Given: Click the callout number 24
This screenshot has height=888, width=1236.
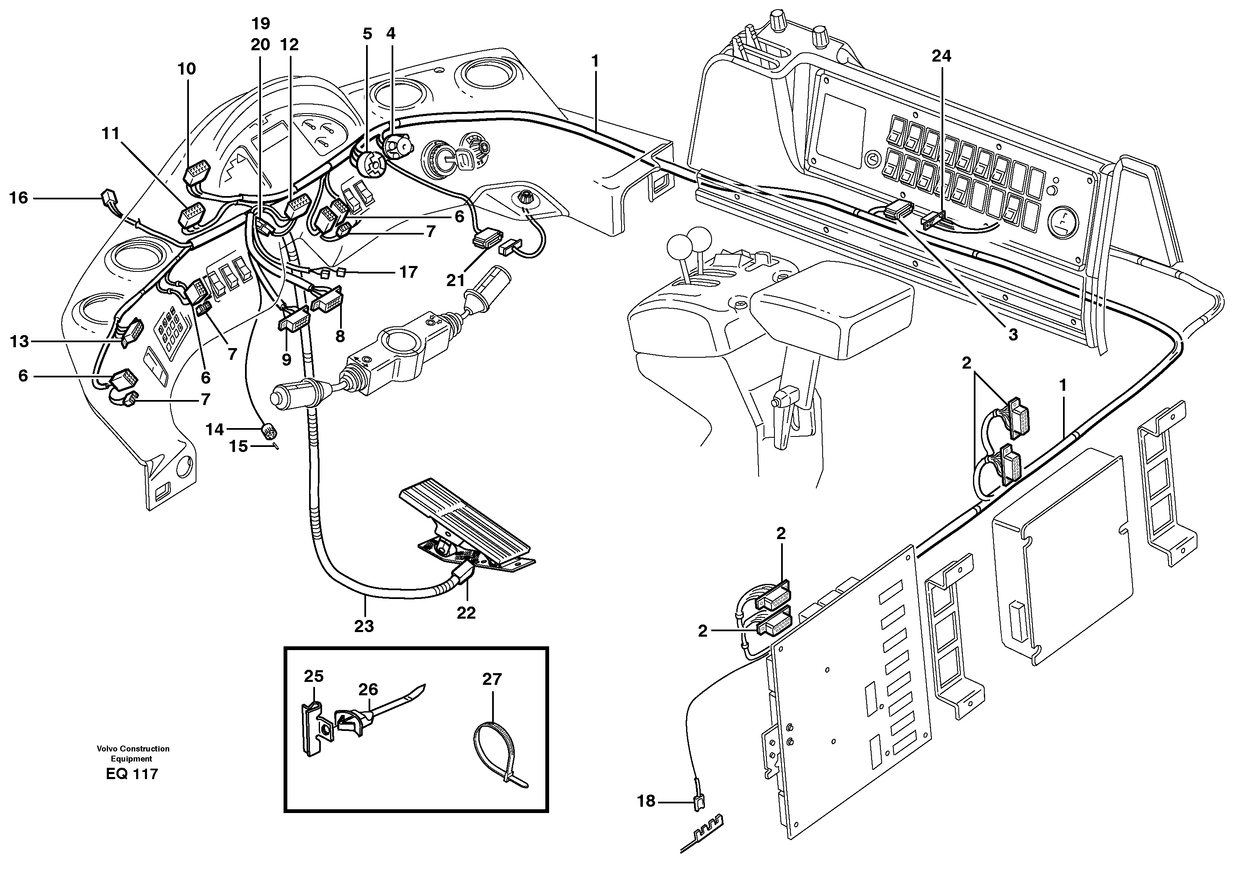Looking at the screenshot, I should [x=941, y=56].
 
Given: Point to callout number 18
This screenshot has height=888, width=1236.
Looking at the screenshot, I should [x=646, y=801].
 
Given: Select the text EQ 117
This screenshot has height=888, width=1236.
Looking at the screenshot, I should [x=132, y=774].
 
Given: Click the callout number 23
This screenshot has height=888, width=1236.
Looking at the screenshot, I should [x=364, y=626].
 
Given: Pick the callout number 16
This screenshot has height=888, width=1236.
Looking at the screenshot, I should [x=18, y=198].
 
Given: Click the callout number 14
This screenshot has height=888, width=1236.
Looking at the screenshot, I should [x=215, y=430].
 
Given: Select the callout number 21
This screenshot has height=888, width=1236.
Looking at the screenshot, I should [x=456, y=280].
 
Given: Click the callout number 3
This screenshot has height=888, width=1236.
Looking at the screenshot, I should [x=1013, y=335].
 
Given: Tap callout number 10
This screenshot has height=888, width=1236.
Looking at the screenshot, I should [x=186, y=69].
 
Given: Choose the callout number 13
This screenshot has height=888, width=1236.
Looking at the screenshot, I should [x=19, y=341].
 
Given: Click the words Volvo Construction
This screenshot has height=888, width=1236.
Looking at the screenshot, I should [x=133, y=749].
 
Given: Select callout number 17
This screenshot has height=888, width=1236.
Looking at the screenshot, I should [x=408, y=271].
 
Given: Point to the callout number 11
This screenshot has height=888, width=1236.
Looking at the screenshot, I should [x=111, y=133].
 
